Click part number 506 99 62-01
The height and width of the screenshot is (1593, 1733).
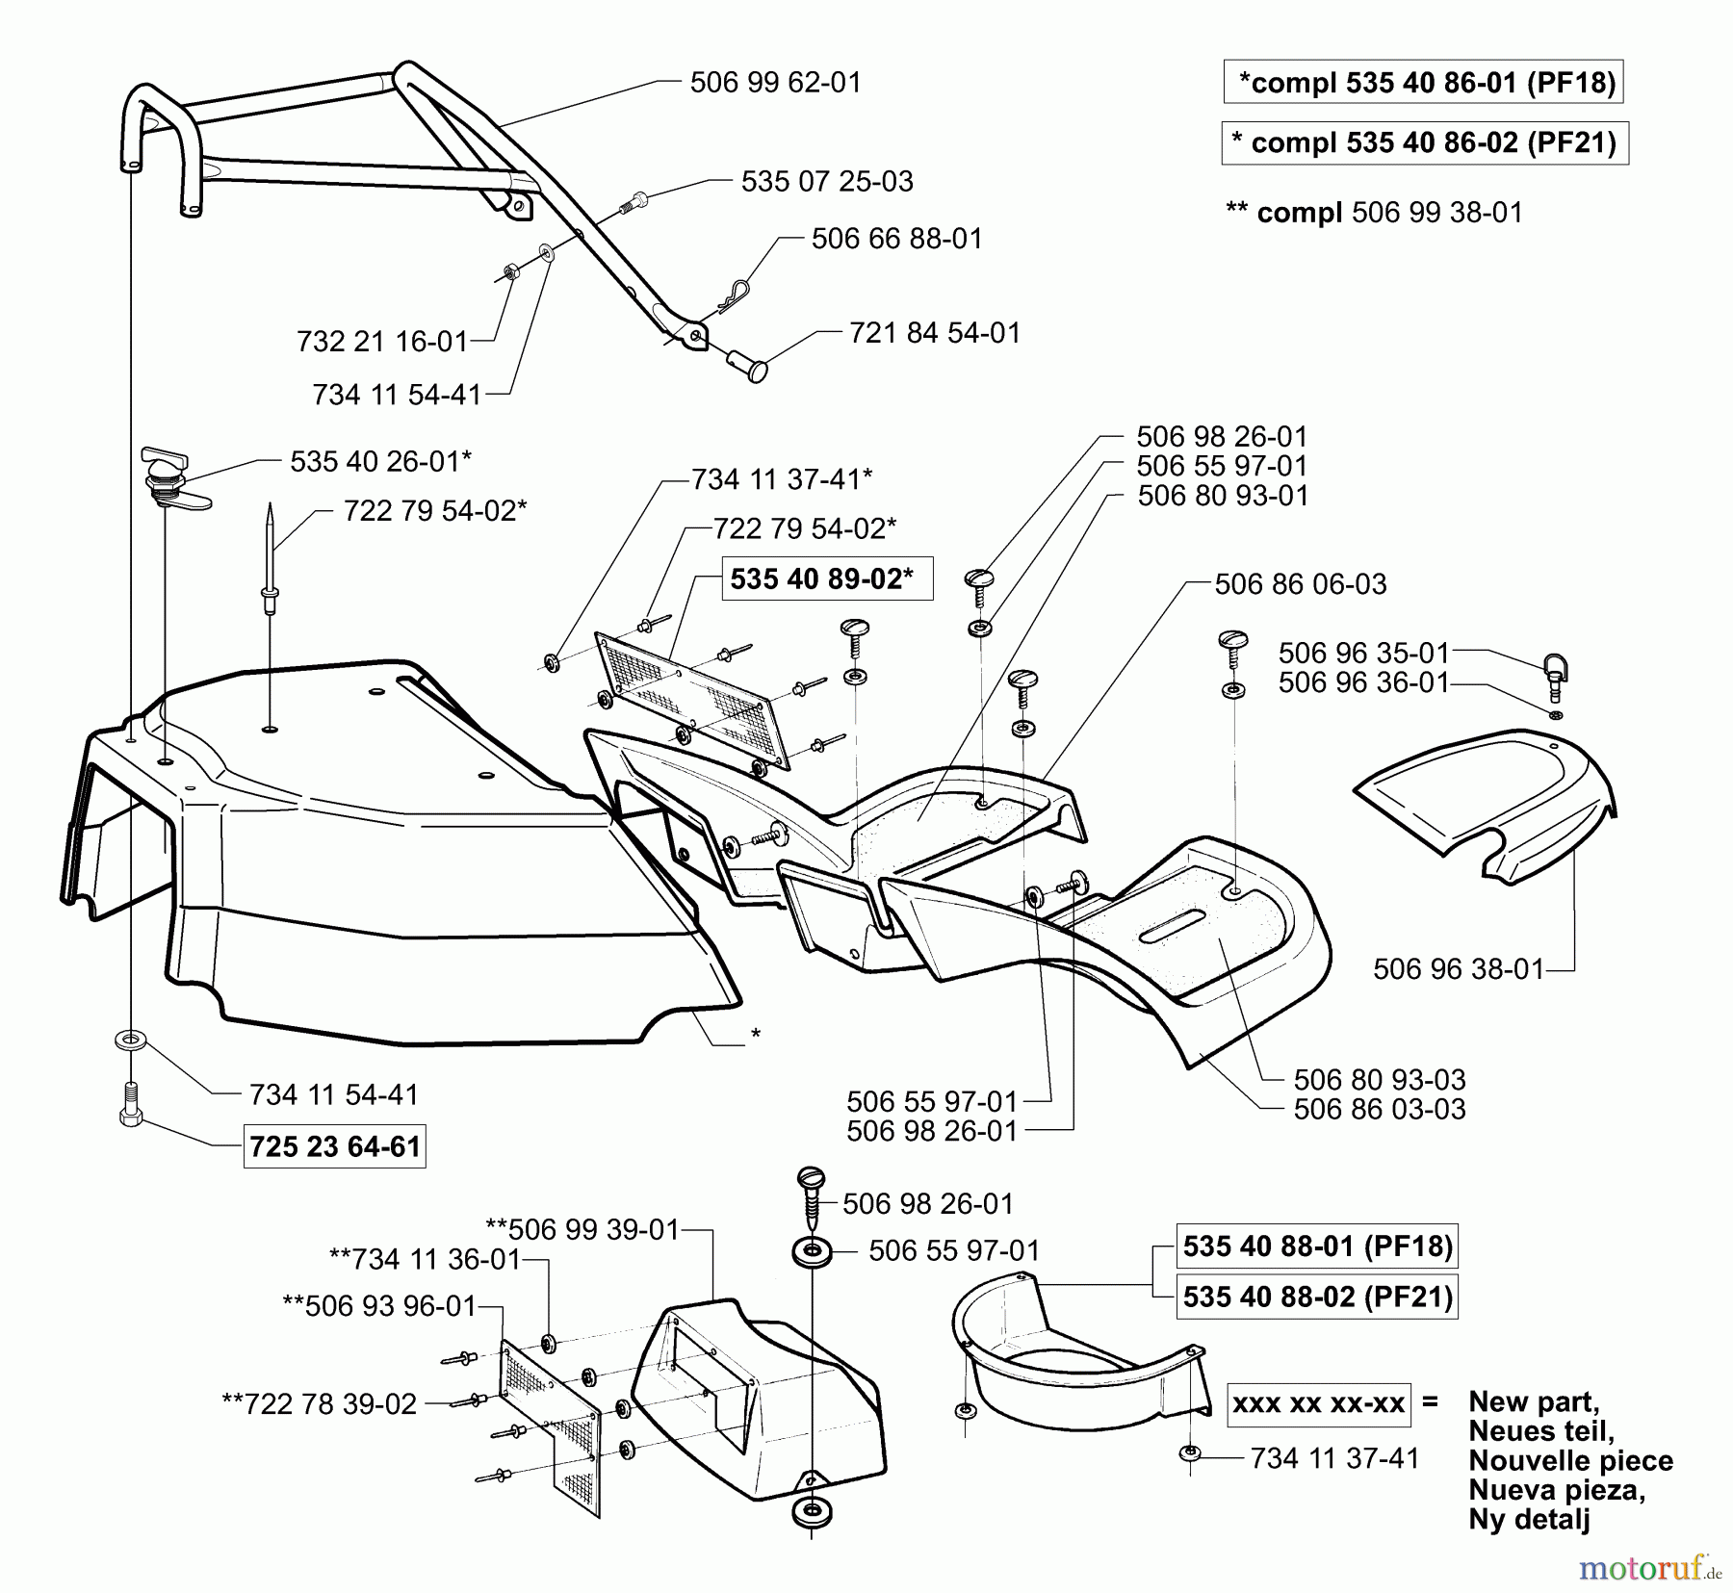pyautogui.click(x=775, y=83)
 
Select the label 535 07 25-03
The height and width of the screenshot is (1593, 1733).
pyautogui.click(x=826, y=182)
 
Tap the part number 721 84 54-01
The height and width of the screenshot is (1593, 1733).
pyautogui.click(x=934, y=333)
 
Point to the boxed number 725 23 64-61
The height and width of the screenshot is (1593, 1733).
pyautogui.click(x=334, y=1146)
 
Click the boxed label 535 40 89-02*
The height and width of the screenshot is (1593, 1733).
pyautogui.click(x=827, y=579)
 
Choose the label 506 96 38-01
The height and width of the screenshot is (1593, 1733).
pyautogui.click(x=1458, y=969)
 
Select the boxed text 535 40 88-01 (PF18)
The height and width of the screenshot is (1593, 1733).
pyautogui.click(x=1317, y=1246)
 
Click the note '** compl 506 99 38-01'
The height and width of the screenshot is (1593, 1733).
pyautogui.click(x=1374, y=213)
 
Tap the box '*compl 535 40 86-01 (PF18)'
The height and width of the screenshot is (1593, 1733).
pyautogui.click(x=1423, y=83)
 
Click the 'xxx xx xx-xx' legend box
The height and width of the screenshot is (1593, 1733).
pyautogui.click(x=1317, y=1403)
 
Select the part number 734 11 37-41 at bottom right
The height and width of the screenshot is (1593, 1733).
pyautogui.click(x=1334, y=1459)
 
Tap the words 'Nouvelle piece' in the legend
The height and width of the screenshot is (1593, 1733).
pyautogui.click(x=1570, y=1461)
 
